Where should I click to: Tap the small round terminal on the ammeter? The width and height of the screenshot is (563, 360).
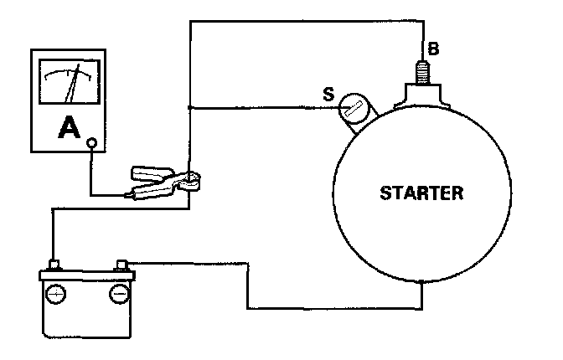click(x=93, y=143)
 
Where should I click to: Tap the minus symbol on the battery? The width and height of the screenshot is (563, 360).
click(x=118, y=296)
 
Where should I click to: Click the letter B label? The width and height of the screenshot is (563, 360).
click(x=432, y=49)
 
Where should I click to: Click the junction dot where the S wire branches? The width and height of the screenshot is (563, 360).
click(x=191, y=107)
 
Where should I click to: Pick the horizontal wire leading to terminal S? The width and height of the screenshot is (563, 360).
click(x=260, y=107)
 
